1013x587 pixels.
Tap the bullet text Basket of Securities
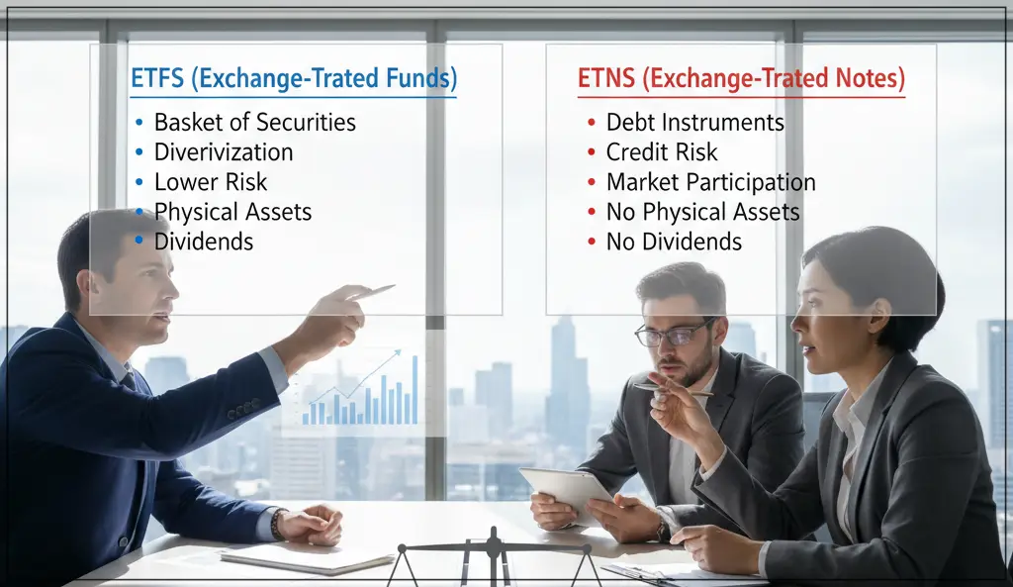coord(254,123)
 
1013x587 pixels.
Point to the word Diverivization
coord(224,152)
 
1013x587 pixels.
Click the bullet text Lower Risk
coord(211,182)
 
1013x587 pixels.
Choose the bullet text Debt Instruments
coord(694,123)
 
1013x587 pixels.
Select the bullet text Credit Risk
coord(662,152)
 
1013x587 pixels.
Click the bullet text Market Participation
coord(710,182)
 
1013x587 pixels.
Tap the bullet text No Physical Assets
coord(702,212)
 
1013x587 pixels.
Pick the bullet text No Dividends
coord(674,242)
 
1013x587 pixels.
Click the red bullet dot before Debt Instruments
coord(591,124)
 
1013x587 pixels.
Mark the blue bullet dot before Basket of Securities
coord(139,124)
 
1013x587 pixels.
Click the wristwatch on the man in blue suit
coord(278,524)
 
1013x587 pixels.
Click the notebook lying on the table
coord(307,557)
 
